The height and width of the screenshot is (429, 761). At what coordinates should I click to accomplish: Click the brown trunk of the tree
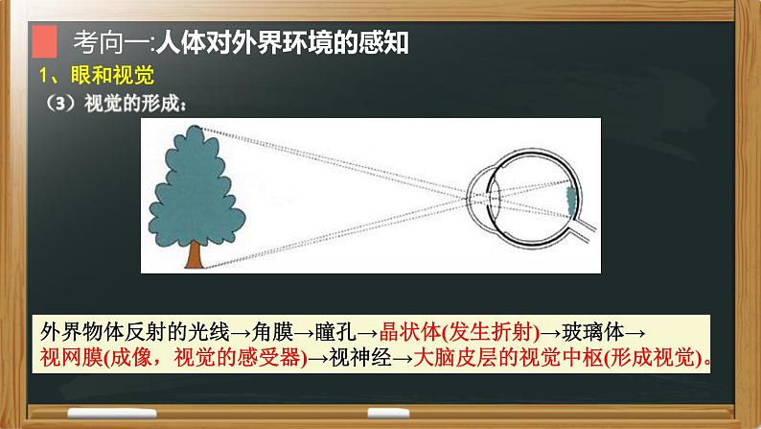[193, 252]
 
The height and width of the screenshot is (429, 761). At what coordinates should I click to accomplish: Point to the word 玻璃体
[595, 331]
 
